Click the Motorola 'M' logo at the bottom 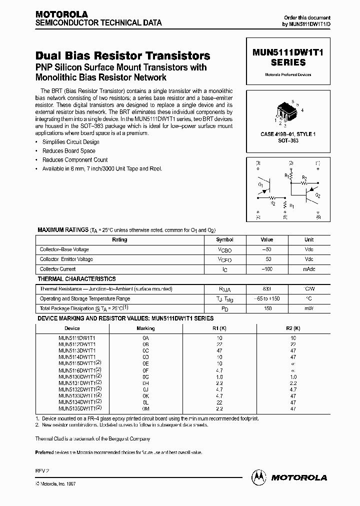pyautogui.click(x=259, y=477)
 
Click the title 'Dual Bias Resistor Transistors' pyautogui.click(x=123, y=56)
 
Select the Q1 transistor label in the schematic pyautogui.click(x=260, y=184)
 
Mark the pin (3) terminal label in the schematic pyautogui.click(x=258, y=163)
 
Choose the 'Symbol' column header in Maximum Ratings pyautogui.click(x=224, y=239)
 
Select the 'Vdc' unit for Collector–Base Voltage pyautogui.click(x=309, y=249)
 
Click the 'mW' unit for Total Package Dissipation pyautogui.click(x=309, y=308)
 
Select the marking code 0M pyautogui.click(x=146, y=408)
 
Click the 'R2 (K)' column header pyautogui.click(x=293, y=328)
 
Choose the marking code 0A pyautogui.click(x=146, y=338)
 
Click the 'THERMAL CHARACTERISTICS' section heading pyautogui.click(x=77, y=279)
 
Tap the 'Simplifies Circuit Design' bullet pyautogui.click(x=70, y=142)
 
